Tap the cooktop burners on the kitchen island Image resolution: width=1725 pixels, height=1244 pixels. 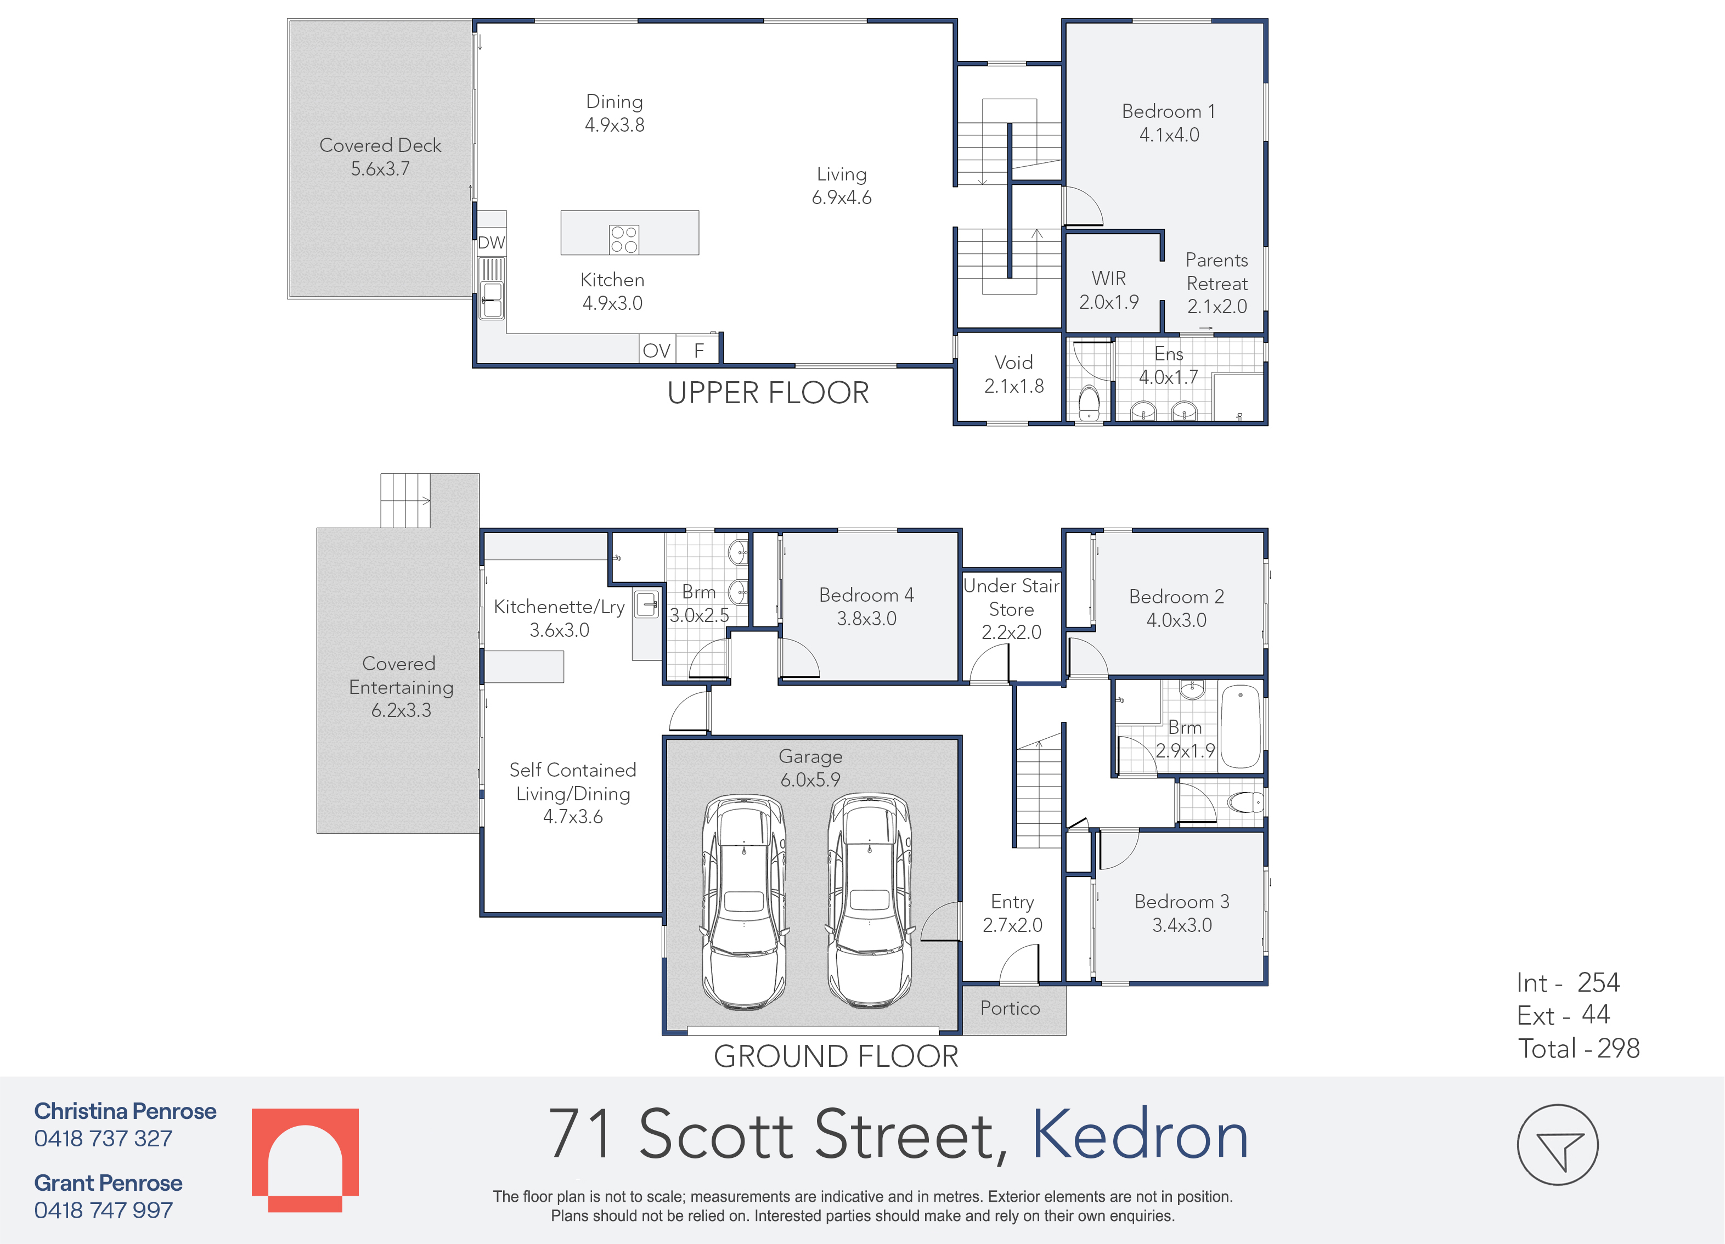point(624,240)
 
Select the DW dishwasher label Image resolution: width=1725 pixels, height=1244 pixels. point(492,242)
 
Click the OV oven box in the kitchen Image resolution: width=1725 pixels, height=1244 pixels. point(656,350)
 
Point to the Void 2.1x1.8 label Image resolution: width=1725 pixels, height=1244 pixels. point(1014,374)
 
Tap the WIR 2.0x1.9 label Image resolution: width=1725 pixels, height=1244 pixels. point(1109,290)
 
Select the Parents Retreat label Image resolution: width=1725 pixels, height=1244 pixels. point(1217,283)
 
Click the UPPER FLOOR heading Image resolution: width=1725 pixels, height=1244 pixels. point(768,393)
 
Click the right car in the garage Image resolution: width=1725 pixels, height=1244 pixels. point(869,900)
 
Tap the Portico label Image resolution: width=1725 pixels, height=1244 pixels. point(1010,1008)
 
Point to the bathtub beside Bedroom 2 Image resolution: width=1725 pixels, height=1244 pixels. point(1240,726)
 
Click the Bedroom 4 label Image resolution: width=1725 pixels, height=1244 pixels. point(866,606)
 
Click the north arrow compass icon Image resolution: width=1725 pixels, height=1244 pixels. point(1558,1144)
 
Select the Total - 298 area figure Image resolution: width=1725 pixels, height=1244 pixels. point(1579,1049)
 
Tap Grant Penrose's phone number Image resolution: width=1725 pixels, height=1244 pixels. point(104,1210)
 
